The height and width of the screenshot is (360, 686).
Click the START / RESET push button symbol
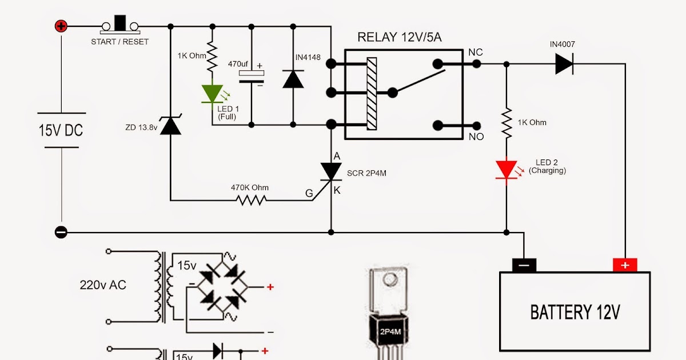pyautogui.click(x=120, y=25)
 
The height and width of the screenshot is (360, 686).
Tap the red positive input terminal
pyautogui.click(x=61, y=26)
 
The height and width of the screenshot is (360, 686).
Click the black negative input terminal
pyautogui.click(x=61, y=233)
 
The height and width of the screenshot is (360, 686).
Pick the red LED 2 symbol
pyautogui.click(x=506, y=170)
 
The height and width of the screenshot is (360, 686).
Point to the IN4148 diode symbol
pyautogui.click(x=293, y=79)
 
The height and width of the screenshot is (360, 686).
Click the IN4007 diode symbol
pyautogui.click(x=564, y=64)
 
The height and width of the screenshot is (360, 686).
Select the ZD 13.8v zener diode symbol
pyautogui.click(x=170, y=125)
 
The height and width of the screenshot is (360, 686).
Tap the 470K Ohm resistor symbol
pyautogui.click(x=250, y=200)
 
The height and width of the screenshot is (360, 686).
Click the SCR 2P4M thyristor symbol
pyautogui.click(x=331, y=171)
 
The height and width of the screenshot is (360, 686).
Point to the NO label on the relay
pyautogui.click(x=476, y=137)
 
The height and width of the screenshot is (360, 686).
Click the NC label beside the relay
pyautogui.click(x=475, y=53)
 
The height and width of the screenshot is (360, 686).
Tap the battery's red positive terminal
pyautogui.click(x=625, y=265)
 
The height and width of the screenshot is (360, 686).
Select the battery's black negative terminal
pyautogui.click(x=524, y=265)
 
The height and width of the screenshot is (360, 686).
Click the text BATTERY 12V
pyautogui.click(x=575, y=312)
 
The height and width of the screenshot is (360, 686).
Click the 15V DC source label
pyautogui.click(x=61, y=130)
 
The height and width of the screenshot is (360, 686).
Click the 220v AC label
pyautogui.click(x=103, y=285)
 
